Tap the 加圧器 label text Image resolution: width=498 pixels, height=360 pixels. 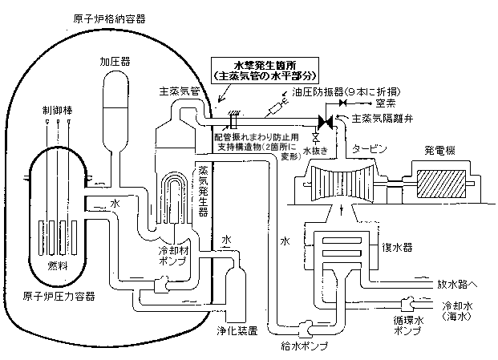click(x=115, y=60)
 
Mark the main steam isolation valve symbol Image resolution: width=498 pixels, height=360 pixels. click(x=326, y=122)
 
